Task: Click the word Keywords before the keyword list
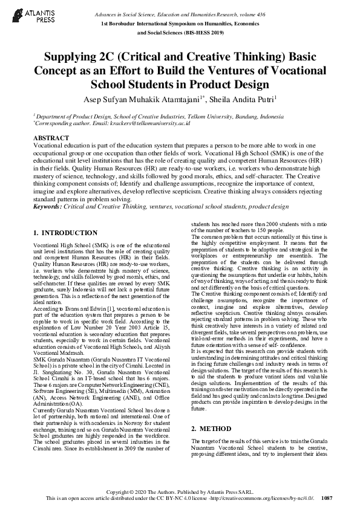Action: pyautogui.click(x=47, y=206)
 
